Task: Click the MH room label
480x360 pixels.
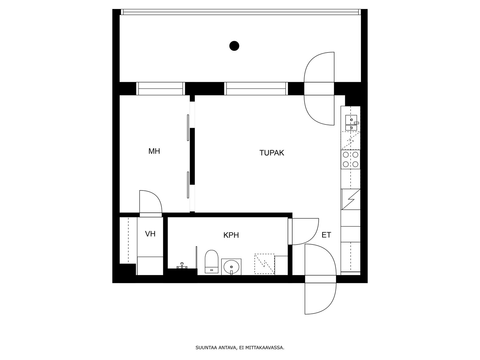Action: coord(154,151)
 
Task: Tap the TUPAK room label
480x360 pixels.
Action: coord(271,153)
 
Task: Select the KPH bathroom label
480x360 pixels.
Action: coord(231,235)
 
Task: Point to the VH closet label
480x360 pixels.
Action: coord(150,234)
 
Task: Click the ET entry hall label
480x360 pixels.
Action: coord(326,235)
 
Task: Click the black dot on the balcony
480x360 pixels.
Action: coord(234,46)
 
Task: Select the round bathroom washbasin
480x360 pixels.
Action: coord(231,267)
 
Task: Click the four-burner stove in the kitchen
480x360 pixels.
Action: coord(350,159)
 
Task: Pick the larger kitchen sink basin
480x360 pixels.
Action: coord(351,120)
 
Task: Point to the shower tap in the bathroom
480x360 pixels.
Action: coord(181,265)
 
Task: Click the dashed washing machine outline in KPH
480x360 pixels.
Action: coord(264,264)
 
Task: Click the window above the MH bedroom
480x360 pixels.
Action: coord(160,88)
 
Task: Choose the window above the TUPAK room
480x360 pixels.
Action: coord(256,88)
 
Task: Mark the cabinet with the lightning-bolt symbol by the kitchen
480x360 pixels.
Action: coord(350,199)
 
